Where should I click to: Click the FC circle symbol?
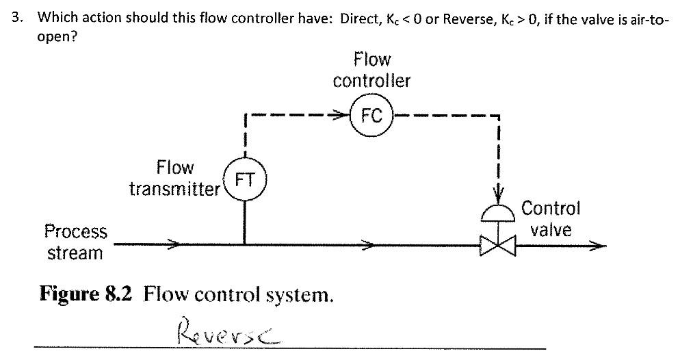click(371, 116)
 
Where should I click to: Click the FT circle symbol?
click(245, 180)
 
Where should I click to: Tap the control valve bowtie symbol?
click(499, 244)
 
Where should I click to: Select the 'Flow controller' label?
click(371, 70)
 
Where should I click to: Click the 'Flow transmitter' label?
click(174, 178)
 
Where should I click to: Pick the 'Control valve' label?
click(551, 218)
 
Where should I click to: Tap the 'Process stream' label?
click(75, 242)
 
